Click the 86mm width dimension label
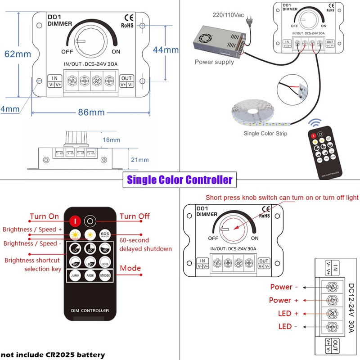tap(91, 112)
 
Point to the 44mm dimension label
tap(166, 50)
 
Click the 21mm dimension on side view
tap(140, 160)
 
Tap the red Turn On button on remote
tap(75, 220)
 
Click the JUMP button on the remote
tap(75, 276)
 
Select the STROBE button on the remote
tap(105, 276)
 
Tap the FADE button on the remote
tap(90, 276)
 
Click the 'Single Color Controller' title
tap(180, 180)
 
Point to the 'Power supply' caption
tap(214, 62)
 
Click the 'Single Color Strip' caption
tap(265, 133)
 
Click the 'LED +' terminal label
tap(285, 313)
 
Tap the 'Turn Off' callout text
tap(135, 216)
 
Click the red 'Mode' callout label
tap(130, 268)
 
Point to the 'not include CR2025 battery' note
tap(53, 355)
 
